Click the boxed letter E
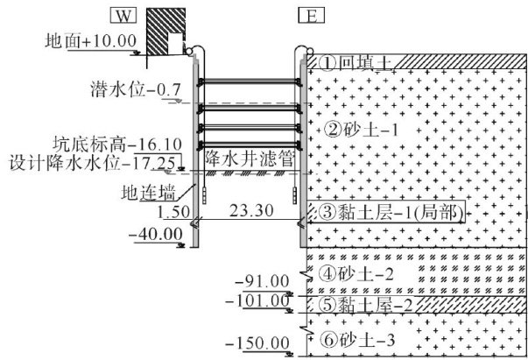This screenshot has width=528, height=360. (308, 15)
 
